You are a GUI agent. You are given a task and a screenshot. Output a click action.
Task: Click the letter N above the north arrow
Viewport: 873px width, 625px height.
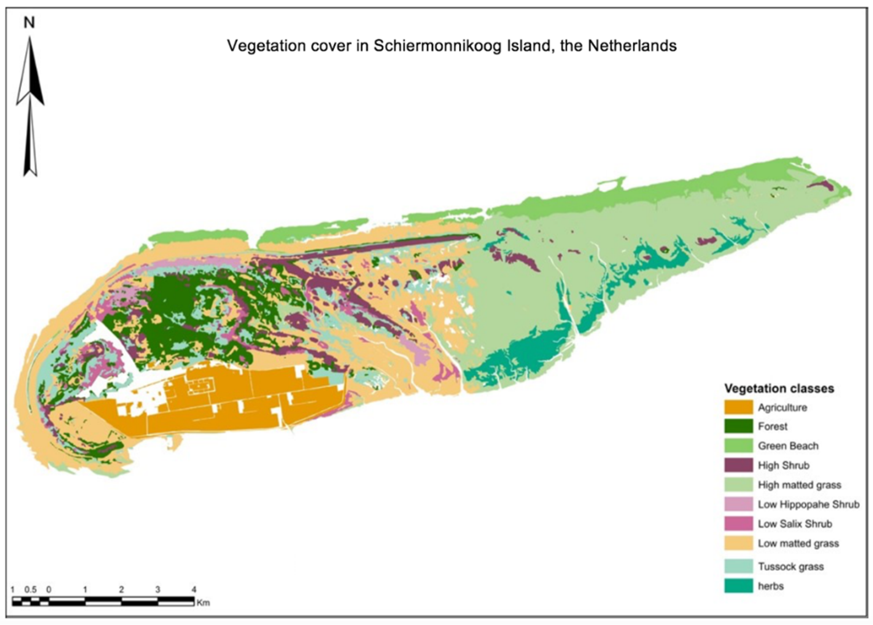[x=29, y=23]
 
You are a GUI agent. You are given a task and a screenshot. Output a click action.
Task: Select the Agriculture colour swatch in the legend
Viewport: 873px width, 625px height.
[x=738, y=407]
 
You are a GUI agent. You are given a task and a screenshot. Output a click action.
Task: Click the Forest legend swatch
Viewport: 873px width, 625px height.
[x=738, y=426]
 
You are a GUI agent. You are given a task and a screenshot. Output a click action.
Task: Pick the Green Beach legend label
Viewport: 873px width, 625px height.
[x=788, y=446]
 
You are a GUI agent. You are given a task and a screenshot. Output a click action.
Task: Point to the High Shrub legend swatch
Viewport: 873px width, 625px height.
[x=738, y=465]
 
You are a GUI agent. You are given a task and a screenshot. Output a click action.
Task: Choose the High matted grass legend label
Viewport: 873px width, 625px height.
[x=799, y=485]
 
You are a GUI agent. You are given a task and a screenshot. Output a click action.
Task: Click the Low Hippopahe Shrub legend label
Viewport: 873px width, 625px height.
[x=808, y=504]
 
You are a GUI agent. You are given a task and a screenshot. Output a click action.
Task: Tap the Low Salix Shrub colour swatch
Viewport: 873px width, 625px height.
[x=738, y=524]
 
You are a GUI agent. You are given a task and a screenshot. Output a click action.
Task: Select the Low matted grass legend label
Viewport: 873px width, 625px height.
[x=798, y=543]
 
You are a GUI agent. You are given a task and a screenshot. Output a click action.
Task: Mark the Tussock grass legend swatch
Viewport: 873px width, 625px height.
[x=738, y=566]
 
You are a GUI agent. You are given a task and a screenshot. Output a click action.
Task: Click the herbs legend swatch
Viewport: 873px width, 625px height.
[x=738, y=586]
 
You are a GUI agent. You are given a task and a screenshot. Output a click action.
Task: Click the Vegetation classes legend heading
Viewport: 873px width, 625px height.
[x=779, y=388]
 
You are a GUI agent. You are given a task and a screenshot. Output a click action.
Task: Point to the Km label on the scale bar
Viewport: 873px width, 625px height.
[x=203, y=603]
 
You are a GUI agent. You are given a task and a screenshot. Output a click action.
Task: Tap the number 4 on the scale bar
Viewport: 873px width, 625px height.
[x=194, y=590]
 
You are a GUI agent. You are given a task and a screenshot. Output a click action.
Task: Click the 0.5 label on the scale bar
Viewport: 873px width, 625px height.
[x=30, y=590]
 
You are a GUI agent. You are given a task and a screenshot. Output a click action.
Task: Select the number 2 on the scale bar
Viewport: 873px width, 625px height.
[x=121, y=590]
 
